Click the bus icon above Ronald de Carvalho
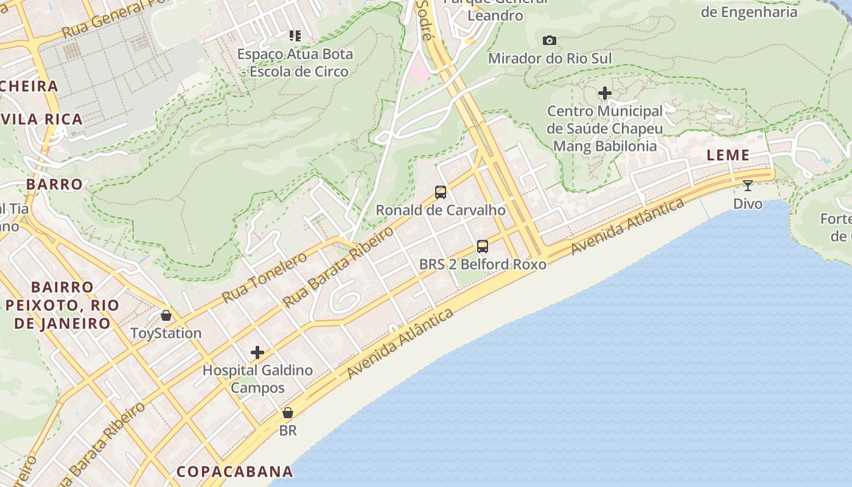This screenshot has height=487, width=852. pyautogui.click(x=441, y=192)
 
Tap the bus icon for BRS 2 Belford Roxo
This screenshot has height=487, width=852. pyautogui.click(x=483, y=247)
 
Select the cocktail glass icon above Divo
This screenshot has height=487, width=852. pyautogui.click(x=748, y=186)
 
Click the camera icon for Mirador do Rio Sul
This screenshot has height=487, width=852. pyautogui.click(x=550, y=41)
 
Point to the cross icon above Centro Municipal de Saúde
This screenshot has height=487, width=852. pyautogui.click(x=604, y=93)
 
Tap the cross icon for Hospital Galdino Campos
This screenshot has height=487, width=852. pyautogui.click(x=257, y=352)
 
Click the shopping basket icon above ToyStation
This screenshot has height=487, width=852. pyautogui.click(x=166, y=315)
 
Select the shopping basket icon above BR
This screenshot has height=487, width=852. pyautogui.click(x=288, y=413)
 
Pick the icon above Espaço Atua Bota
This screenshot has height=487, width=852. pyautogui.click(x=295, y=36)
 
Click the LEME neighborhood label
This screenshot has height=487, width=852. pyautogui.click(x=728, y=155)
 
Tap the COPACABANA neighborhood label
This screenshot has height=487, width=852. pyautogui.click(x=235, y=472)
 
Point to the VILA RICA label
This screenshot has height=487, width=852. pyautogui.click(x=43, y=119)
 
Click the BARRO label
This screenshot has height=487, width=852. pyautogui.click(x=54, y=184)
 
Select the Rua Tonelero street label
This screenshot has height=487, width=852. pyautogui.click(x=265, y=278)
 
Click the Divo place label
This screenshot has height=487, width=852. pyautogui.click(x=748, y=204)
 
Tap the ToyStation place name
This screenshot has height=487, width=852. pyautogui.click(x=166, y=334)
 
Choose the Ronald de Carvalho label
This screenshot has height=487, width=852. pyautogui.click(x=441, y=211)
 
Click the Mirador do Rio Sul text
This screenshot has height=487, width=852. pyautogui.click(x=550, y=58)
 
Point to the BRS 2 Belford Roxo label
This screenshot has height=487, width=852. pyautogui.click(x=483, y=264)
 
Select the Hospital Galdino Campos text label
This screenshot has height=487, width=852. pyautogui.click(x=257, y=379)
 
